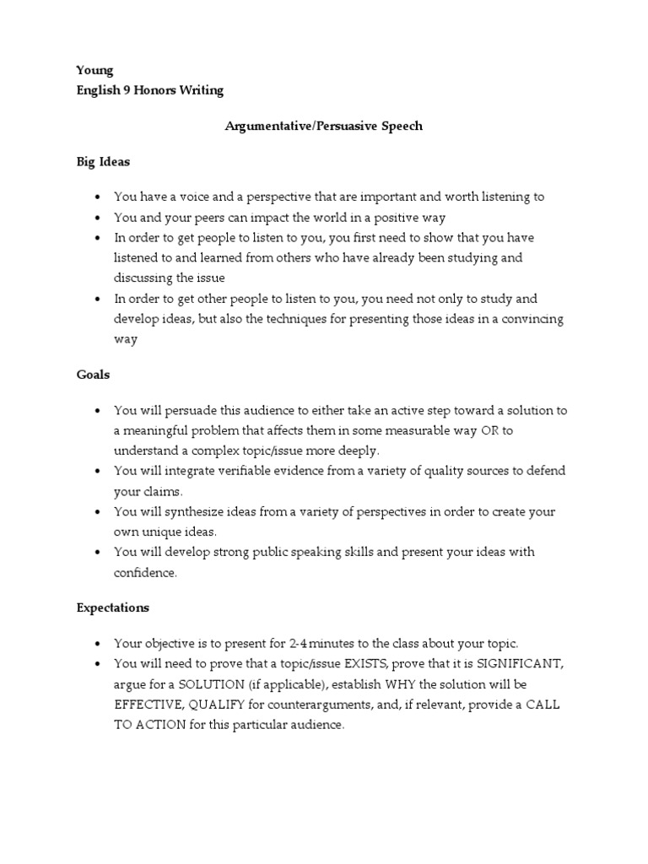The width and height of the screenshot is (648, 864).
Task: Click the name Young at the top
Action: pos(94,71)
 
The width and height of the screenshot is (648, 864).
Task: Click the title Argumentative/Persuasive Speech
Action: pos(324,127)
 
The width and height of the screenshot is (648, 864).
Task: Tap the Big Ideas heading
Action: pos(104,162)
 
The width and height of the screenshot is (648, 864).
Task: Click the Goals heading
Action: pos(93,375)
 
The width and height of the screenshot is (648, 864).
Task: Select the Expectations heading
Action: pos(112,607)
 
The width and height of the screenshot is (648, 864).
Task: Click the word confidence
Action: pos(145,573)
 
